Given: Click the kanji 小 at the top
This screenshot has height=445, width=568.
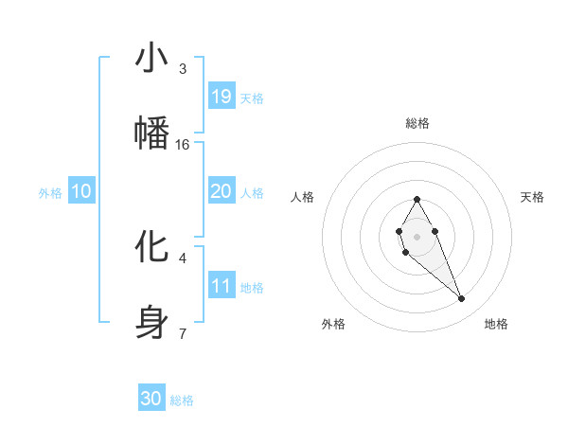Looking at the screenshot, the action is [151, 59].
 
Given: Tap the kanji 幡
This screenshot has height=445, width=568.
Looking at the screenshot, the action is [151, 133].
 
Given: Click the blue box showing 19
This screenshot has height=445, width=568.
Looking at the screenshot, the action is [222, 97].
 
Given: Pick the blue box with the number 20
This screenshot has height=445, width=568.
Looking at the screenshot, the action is [222, 191].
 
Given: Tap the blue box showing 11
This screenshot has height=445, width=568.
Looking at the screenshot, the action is [222, 286].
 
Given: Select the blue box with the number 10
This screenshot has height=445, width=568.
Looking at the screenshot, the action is [81, 191].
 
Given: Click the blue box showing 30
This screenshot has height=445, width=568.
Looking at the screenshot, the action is [151, 399].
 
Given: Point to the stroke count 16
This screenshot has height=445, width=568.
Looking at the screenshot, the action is [183, 145].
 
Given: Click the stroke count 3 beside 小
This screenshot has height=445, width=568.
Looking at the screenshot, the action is [183, 69].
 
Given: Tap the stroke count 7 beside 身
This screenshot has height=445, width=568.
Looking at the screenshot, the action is [183, 333].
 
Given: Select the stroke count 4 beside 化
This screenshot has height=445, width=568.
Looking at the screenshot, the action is [183, 258].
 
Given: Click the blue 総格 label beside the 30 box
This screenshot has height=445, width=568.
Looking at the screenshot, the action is [182, 400].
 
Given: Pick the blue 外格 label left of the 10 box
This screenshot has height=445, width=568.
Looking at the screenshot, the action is [50, 193].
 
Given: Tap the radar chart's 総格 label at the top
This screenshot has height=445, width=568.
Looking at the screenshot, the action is [417, 123].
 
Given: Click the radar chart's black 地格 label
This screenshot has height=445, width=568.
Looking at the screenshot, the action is [496, 324].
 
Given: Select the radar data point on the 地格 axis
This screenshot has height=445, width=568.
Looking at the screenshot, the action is [462, 299].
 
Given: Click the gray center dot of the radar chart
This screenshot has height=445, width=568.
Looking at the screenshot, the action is [417, 235].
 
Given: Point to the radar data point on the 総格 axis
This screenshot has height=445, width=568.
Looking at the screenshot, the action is [417, 199].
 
